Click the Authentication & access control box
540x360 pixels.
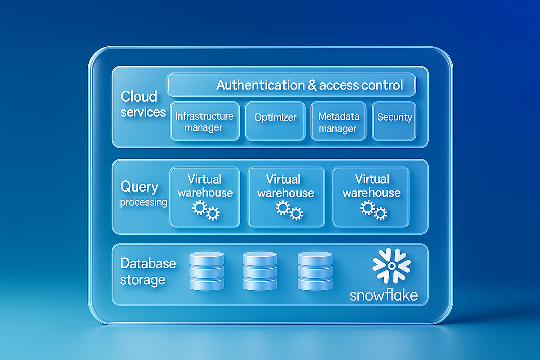coord(292,85)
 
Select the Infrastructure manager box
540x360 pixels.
coord(204,121)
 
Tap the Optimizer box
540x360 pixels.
coord(275,120)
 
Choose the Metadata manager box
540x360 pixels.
coord(338,121)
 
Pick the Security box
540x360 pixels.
coord(395,120)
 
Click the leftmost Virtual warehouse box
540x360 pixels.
coord(205,197)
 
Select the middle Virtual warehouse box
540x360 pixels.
coord(286,197)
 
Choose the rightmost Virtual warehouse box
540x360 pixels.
coord(371,197)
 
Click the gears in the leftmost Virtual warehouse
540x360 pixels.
coord(206,210)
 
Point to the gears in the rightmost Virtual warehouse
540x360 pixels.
coord(373,210)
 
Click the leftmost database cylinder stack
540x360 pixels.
coord(207,271)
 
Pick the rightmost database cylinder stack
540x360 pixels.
coord(314,271)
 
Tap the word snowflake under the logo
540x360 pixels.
coord(383,295)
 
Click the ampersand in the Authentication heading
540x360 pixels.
coord(312,85)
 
